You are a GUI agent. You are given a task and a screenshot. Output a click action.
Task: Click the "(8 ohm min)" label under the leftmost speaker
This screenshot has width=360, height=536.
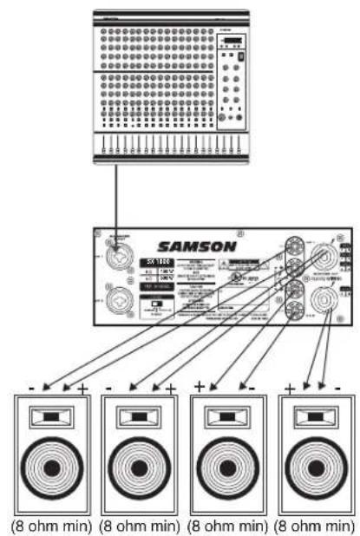[x=49, y=525]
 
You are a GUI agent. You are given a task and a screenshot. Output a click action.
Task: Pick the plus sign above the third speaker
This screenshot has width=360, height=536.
[x=198, y=386]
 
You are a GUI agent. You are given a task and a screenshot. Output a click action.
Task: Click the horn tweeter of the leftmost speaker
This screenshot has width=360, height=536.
[x=49, y=418]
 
